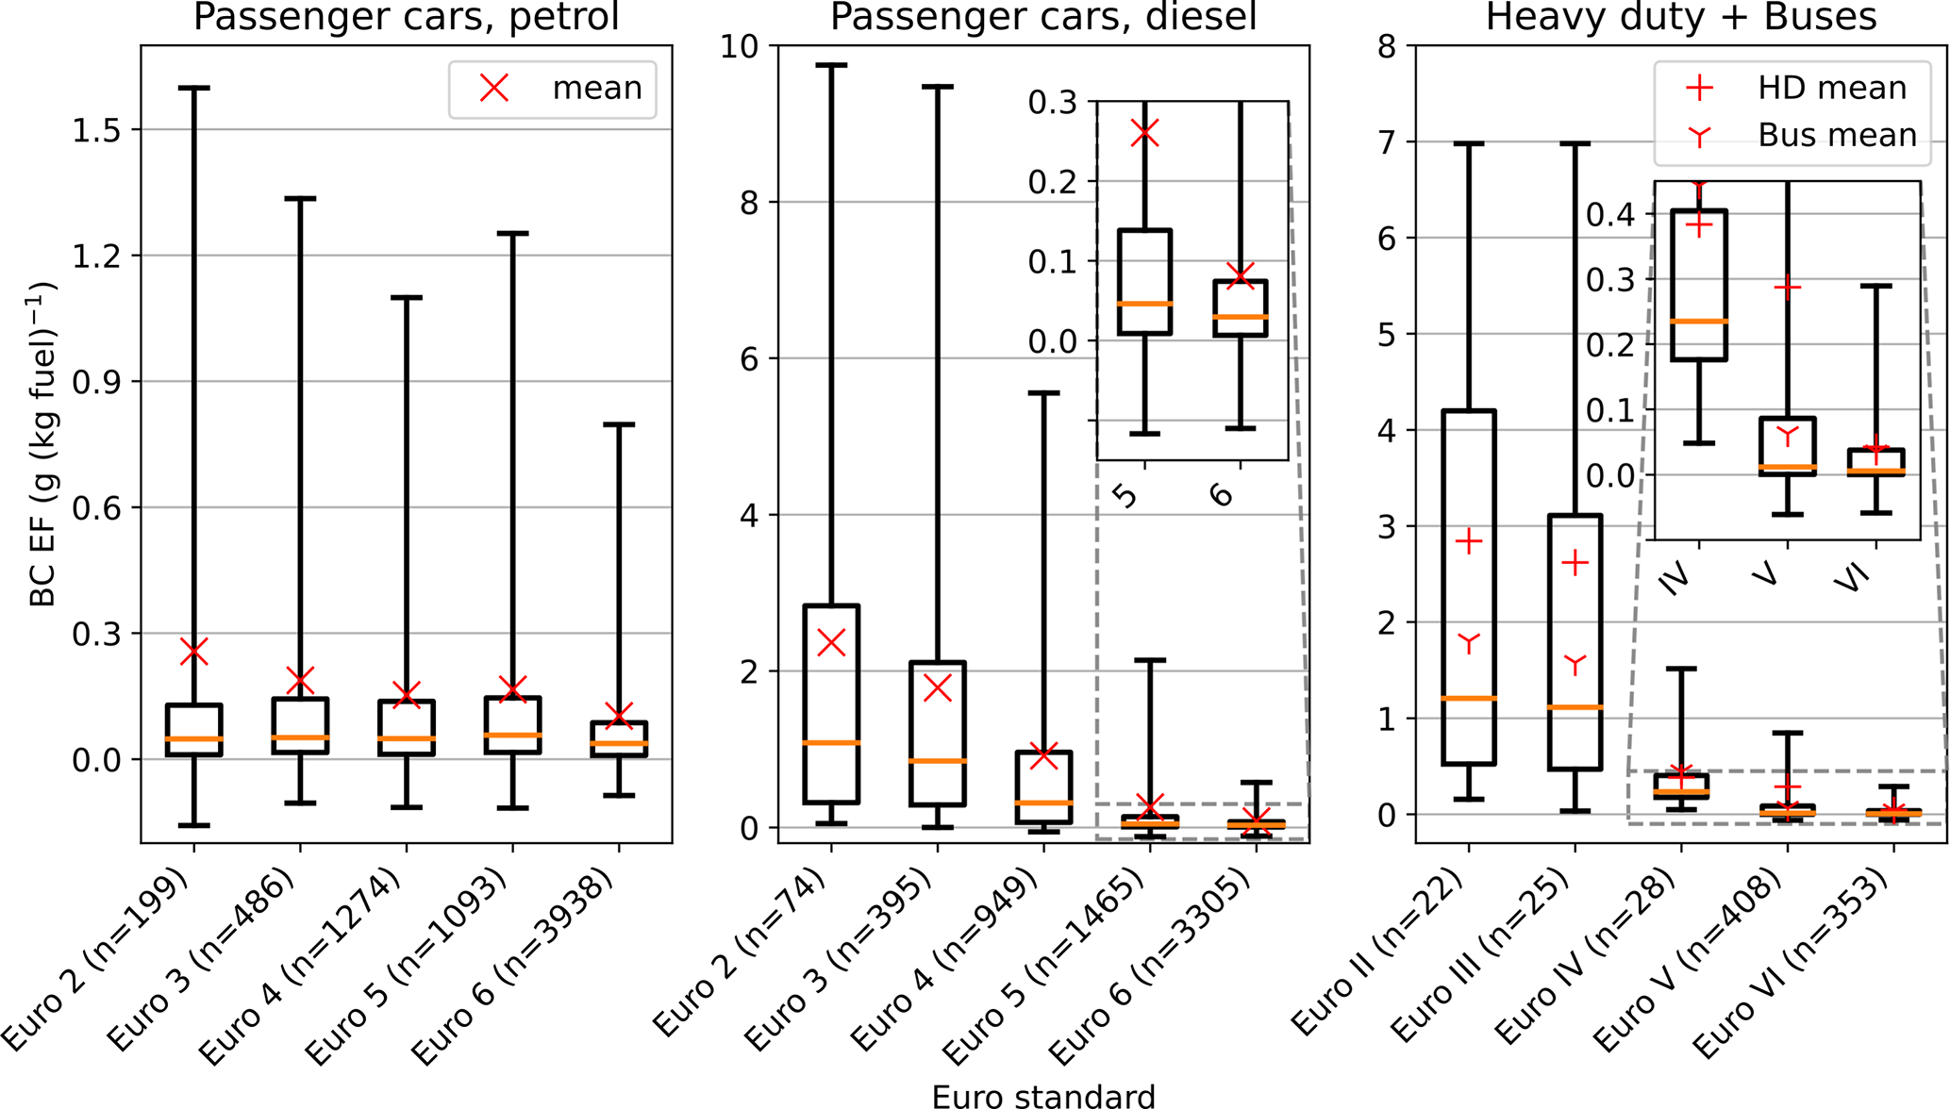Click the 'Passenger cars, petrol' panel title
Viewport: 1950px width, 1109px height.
[406, 17]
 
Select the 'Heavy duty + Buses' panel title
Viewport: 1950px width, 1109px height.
[1680, 17]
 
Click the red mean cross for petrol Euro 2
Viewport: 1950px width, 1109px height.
[194, 652]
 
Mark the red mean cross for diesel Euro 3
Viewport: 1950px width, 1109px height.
[938, 687]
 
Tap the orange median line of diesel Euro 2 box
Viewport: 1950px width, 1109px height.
[831, 743]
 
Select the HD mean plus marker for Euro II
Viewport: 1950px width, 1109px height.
[1469, 541]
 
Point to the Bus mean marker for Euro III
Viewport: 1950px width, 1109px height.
[1575, 665]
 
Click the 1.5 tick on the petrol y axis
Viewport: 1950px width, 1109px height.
[96, 130]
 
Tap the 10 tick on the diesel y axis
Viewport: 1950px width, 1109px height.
[742, 46]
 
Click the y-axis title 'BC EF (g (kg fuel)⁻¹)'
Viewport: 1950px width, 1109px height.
[43, 443]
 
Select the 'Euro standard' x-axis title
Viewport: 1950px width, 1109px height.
[1042, 1096]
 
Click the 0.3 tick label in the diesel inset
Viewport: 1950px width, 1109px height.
[1053, 102]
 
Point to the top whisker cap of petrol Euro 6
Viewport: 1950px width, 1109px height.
[619, 425]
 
